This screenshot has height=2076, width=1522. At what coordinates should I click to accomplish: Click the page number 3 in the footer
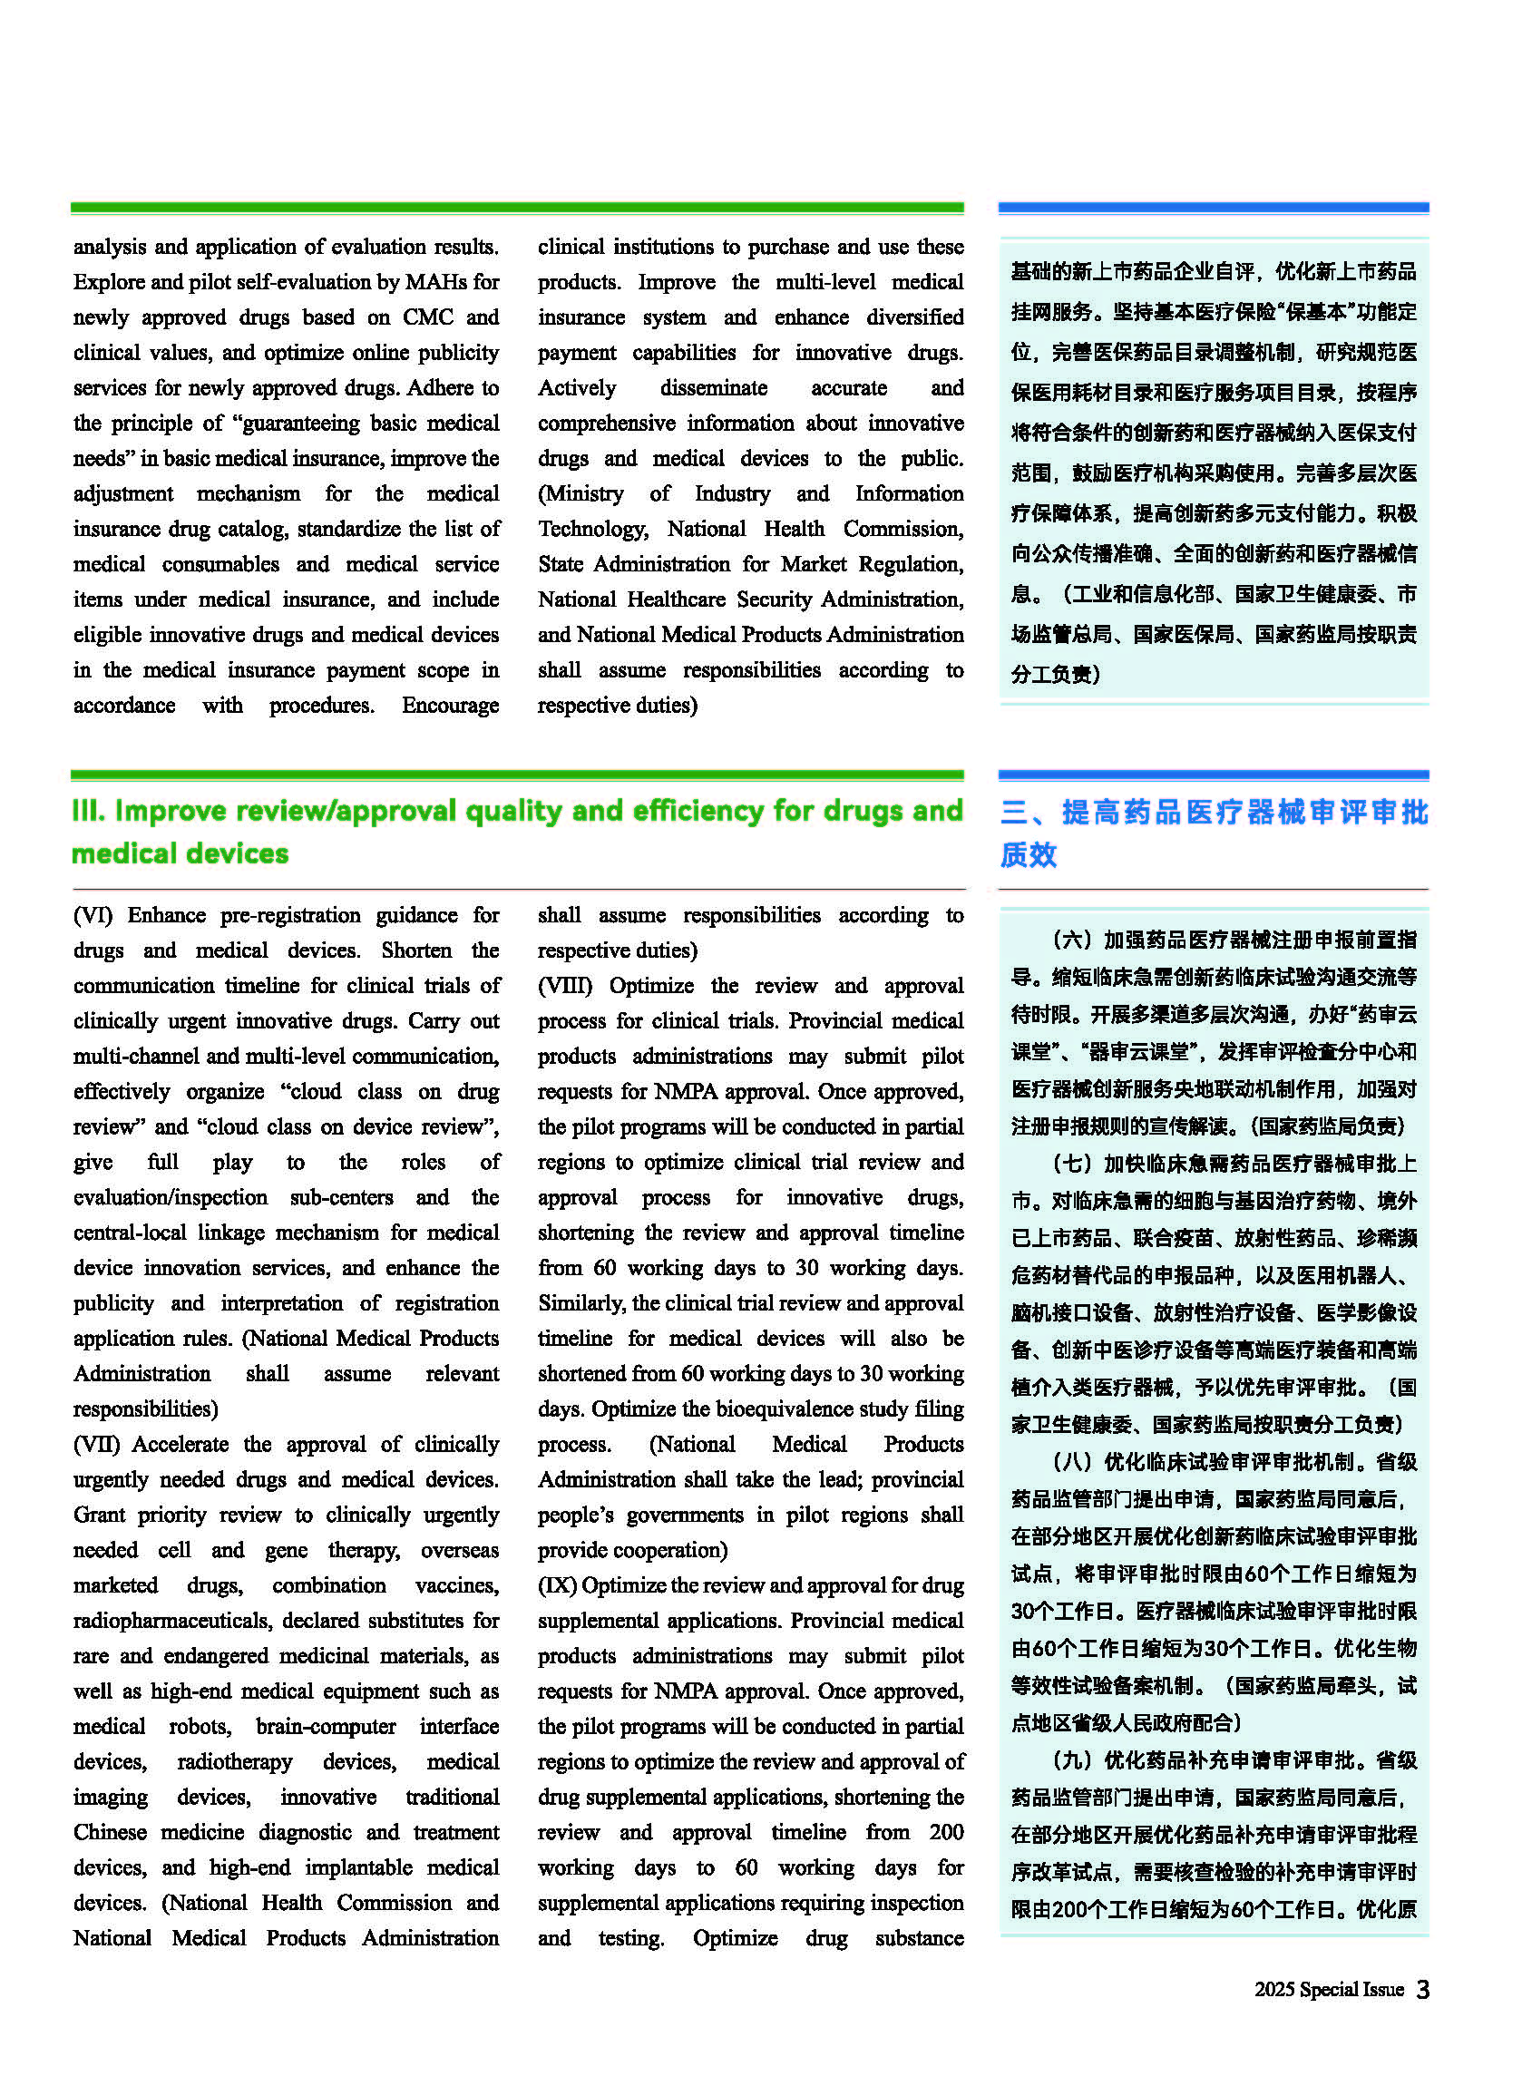[x=1422, y=1990]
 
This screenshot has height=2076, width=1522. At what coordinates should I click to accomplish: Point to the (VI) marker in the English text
[x=93, y=915]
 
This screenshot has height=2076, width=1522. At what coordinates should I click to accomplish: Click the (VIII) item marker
[x=565, y=986]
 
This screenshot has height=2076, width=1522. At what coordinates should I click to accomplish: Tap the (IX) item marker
[x=557, y=1585]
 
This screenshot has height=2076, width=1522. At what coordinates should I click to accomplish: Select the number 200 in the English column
[x=946, y=1832]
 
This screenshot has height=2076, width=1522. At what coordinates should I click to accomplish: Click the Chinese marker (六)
[x=1069, y=940]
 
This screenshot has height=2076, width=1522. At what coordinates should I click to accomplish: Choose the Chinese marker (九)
[x=1069, y=1760]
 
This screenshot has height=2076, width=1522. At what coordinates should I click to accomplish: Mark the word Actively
[x=577, y=388]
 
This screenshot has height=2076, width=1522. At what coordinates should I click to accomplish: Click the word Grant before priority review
[x=99, y=1516]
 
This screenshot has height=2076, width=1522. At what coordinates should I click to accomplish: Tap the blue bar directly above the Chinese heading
[x=1213, y=775]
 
